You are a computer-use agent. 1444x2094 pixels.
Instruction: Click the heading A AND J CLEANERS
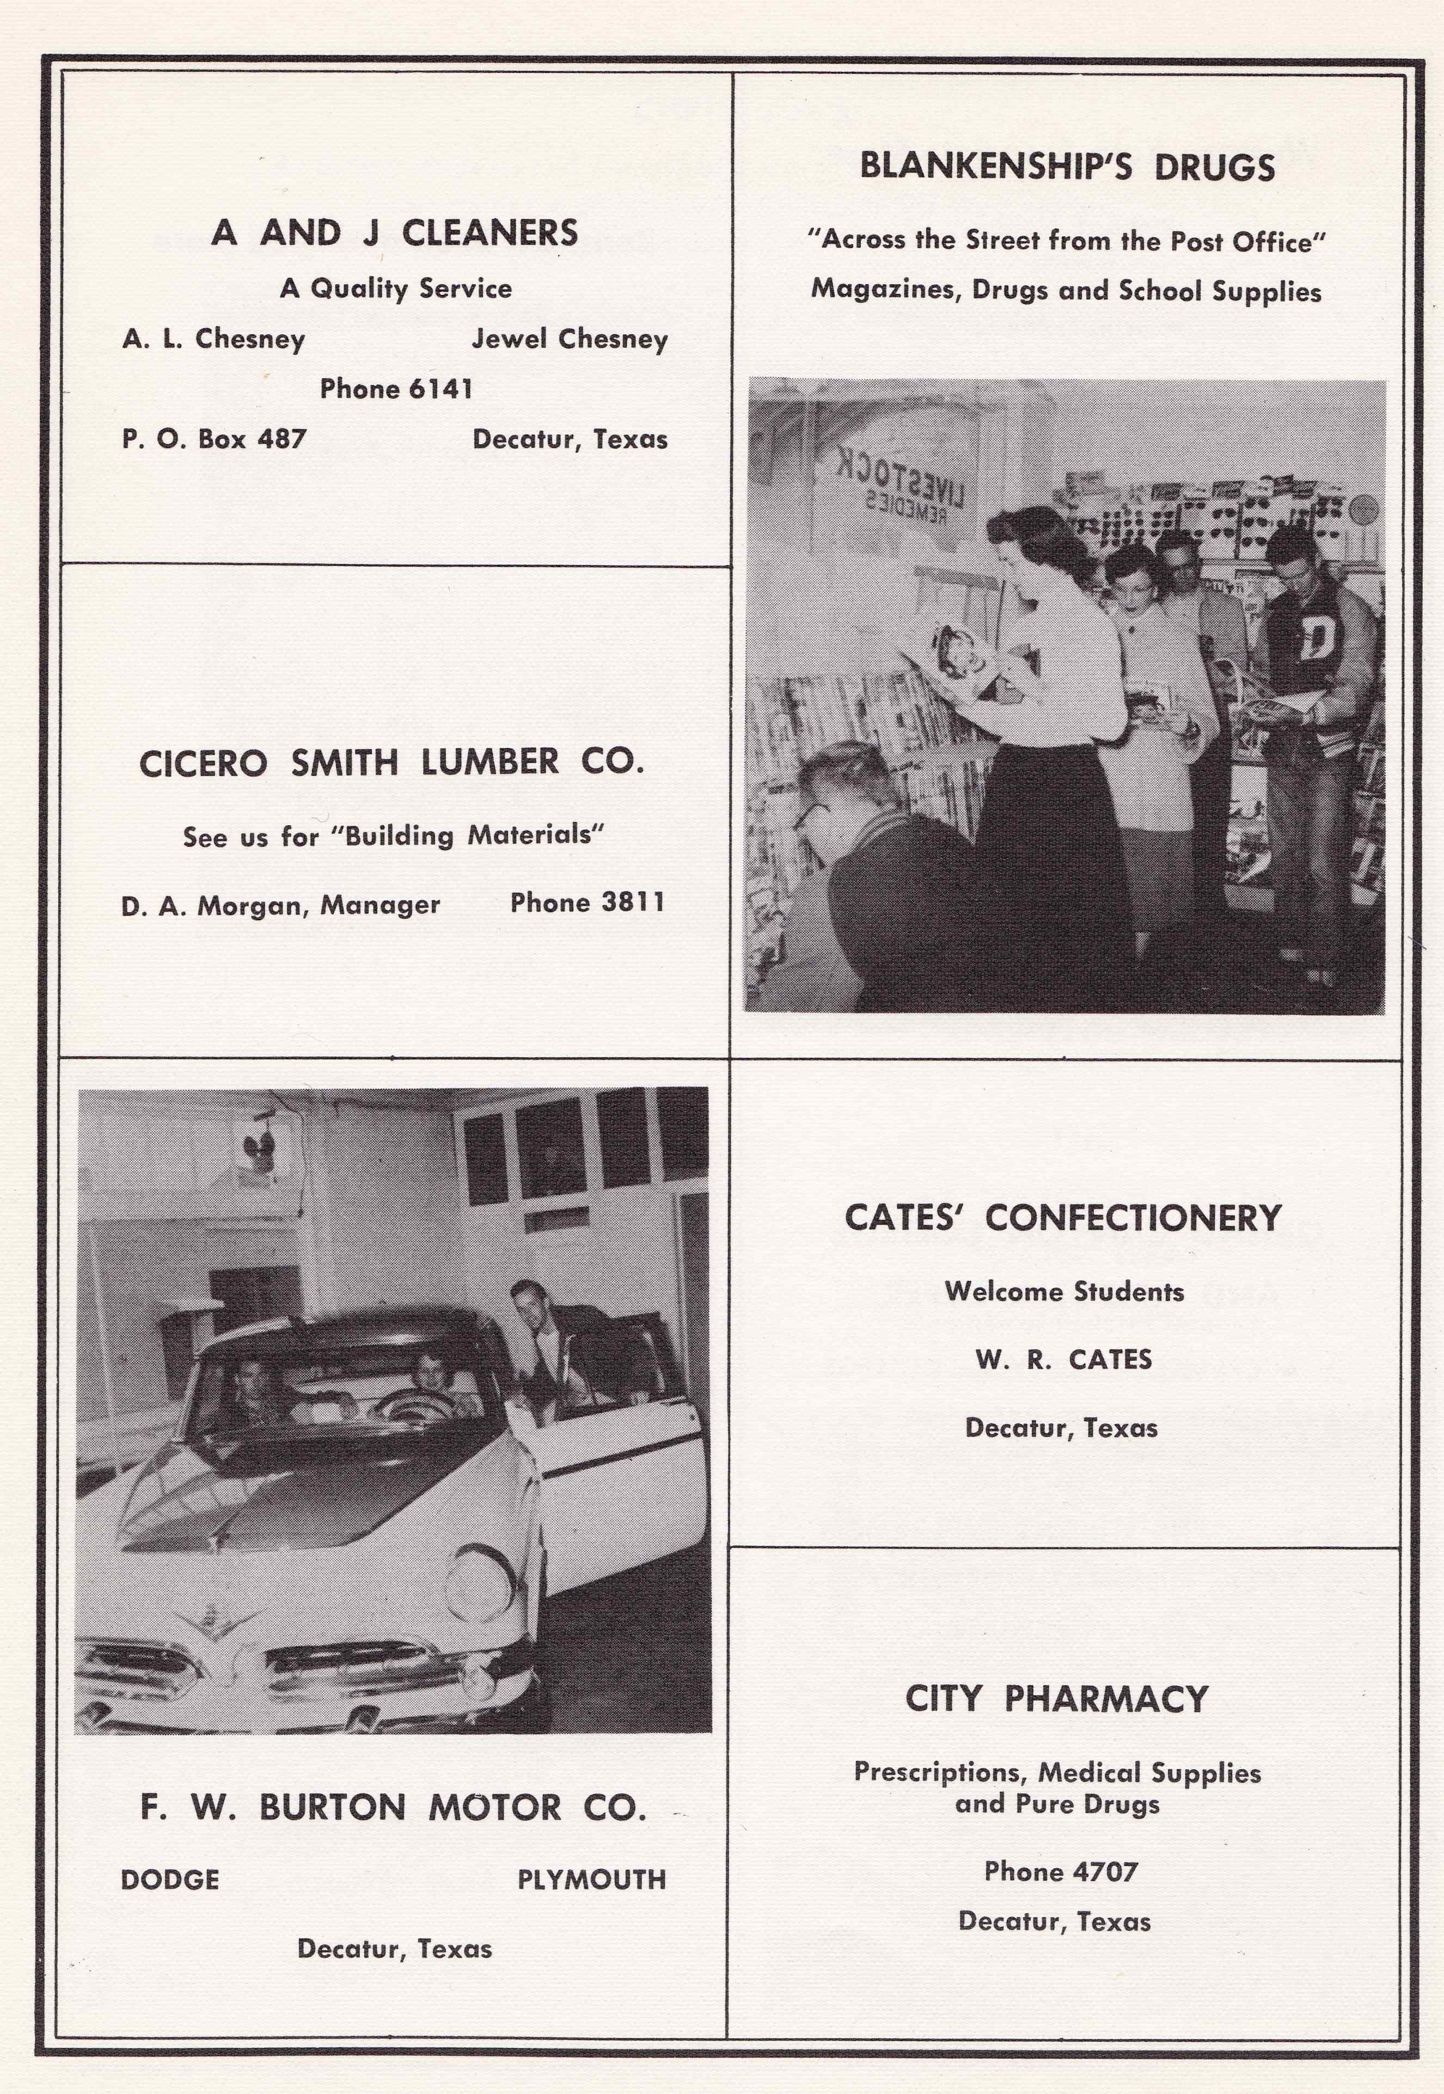(x=394, y=234)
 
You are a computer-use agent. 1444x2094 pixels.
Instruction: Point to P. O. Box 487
(x=215, y=440)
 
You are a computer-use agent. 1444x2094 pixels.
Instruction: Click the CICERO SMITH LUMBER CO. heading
(x=391, y=763)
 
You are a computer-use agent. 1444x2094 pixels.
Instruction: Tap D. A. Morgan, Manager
(x=280, y=905)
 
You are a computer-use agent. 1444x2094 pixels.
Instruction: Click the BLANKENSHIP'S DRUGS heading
(x=1067, y=167)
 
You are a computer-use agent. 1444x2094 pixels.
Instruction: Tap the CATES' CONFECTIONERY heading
(x=1063, y=1218)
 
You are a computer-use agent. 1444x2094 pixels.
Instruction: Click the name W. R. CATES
(x=1063, y=1360)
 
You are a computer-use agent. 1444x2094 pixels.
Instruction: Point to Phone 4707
(x=1060, y=1871)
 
